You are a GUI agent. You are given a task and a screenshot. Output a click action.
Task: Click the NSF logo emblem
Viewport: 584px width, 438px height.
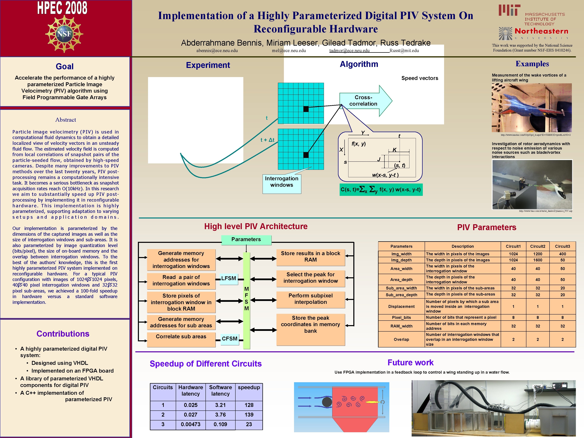[x=64, y=34]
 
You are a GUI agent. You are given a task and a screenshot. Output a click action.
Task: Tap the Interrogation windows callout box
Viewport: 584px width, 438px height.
[x=282, y=182]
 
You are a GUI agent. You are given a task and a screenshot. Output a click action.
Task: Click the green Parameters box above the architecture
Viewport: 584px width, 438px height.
[x=246, y=239]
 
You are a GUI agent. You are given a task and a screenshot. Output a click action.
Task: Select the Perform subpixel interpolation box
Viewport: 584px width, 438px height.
[x=310, y=299]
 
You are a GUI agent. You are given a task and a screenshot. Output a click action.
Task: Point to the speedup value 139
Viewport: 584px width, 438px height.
[x=249, y=415]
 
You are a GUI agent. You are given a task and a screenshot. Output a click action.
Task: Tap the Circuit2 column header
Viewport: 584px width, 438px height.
[x=538, y=246]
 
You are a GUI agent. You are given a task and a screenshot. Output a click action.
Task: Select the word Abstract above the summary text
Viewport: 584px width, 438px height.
[x=65, y=120]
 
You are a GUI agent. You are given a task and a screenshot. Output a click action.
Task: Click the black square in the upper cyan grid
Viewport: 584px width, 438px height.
[x=306, y=109]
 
